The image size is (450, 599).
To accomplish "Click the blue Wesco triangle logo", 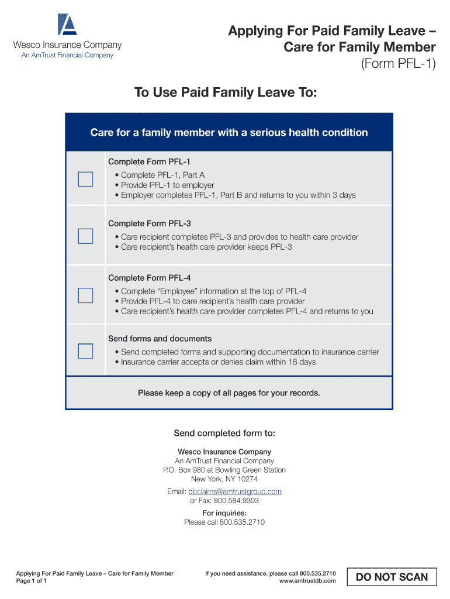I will (67, 25).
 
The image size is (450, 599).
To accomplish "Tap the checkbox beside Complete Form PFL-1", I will (85, 179).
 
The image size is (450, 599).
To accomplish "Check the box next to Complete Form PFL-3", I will (85, 236).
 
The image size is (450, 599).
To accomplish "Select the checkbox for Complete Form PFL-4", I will (85, 295).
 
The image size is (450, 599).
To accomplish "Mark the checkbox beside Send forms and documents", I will (85, 351).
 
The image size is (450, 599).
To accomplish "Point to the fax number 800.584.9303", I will (236, 501).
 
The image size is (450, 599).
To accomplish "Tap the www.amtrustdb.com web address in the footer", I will (307, 581).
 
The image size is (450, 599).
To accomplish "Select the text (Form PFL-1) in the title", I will (399, 63).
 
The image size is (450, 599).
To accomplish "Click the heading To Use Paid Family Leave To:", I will (226, 92).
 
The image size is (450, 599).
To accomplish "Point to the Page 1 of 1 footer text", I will (32, 581).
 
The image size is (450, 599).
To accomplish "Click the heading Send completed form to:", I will (224, 433).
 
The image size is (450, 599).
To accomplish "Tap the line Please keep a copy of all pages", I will (229, 393).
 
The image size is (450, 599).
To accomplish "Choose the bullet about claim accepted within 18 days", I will (218, 362).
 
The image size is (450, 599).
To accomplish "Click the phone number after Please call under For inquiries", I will (242, 522).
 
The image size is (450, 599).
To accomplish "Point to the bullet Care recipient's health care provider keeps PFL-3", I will (206, 247).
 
